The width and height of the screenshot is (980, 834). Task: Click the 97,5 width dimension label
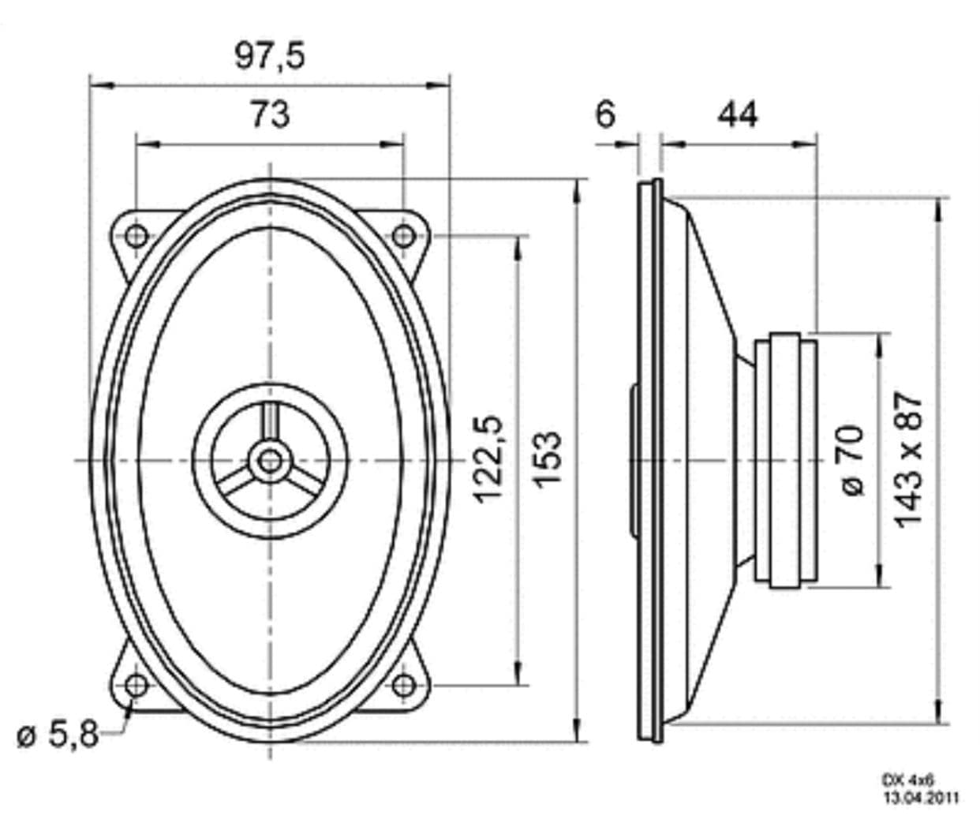point(269,54)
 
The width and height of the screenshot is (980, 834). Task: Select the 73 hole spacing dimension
point(270,114)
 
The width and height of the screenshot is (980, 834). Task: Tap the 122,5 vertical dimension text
point(488,458)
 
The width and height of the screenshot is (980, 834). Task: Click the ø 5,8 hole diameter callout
point(58,735)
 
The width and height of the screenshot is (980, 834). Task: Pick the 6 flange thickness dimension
point(604,114)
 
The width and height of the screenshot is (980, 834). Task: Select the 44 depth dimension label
point(737,114)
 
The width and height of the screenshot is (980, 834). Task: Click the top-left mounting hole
point(136,234)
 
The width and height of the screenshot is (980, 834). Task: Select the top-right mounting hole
point(403,234)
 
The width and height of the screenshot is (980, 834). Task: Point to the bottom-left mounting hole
point(136,684)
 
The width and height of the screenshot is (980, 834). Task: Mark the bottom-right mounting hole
point(403,684)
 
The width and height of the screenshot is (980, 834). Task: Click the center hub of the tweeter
point(270,459)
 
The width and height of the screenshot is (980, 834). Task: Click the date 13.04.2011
point(920,798)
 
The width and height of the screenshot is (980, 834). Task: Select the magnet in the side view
point(785,460)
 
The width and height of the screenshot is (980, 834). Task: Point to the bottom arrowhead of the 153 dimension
point(578,734)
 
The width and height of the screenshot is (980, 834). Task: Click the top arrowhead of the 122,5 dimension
point(518,243)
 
